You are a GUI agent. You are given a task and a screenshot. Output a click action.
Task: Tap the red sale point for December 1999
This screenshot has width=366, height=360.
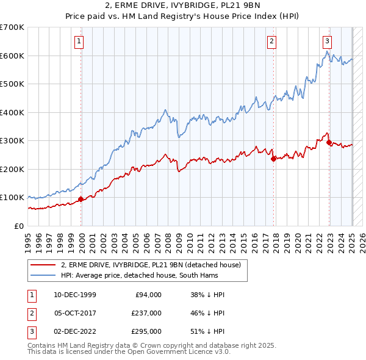81,199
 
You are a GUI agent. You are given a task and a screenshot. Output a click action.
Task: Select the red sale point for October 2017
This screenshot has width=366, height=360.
273,159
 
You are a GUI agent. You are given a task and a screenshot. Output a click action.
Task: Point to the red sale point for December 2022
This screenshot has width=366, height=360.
329,142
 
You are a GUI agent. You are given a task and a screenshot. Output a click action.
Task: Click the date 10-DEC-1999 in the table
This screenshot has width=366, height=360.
75,295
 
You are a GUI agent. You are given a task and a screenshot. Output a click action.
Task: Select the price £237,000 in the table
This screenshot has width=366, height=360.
146,313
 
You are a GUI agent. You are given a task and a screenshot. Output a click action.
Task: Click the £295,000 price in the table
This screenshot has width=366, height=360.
146,331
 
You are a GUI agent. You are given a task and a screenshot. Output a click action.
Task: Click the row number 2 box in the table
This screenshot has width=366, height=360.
31,313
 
